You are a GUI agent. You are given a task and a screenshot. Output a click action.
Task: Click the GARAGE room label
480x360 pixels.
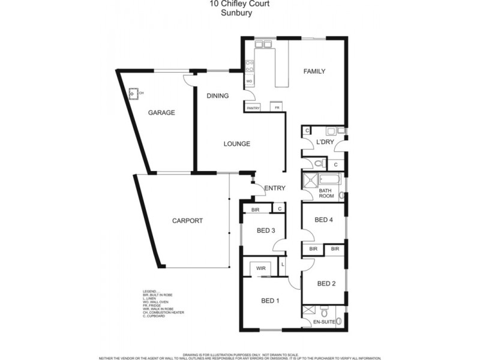click(x=161, y=113)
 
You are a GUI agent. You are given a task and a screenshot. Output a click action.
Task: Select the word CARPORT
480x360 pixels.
click(x=187, y=221)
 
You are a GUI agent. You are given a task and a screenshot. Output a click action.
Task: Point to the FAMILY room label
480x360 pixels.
click(x=314, y=71)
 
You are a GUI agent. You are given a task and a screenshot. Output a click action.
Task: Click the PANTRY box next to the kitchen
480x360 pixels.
click(x=253, y=108)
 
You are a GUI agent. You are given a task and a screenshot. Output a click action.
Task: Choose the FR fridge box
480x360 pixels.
click(x=277, y=108)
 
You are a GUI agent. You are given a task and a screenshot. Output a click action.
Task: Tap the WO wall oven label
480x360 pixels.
click(x=248, y=80)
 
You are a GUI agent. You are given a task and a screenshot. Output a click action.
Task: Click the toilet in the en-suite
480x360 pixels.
click(x=325, y=313)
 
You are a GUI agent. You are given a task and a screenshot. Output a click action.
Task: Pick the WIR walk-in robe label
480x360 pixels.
click(x=261, y=268)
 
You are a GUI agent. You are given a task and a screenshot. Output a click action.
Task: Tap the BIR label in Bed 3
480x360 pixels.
click(x=256, y=209)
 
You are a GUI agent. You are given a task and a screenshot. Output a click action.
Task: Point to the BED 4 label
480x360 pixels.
click(x=323, y=220)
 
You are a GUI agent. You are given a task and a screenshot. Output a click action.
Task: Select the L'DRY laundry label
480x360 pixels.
click(x=325, y=142)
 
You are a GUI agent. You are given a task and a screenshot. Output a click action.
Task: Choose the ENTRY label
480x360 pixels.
click(x=275, y=188)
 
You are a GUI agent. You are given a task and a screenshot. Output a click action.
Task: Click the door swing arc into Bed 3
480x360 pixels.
click(x=277, y=245)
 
